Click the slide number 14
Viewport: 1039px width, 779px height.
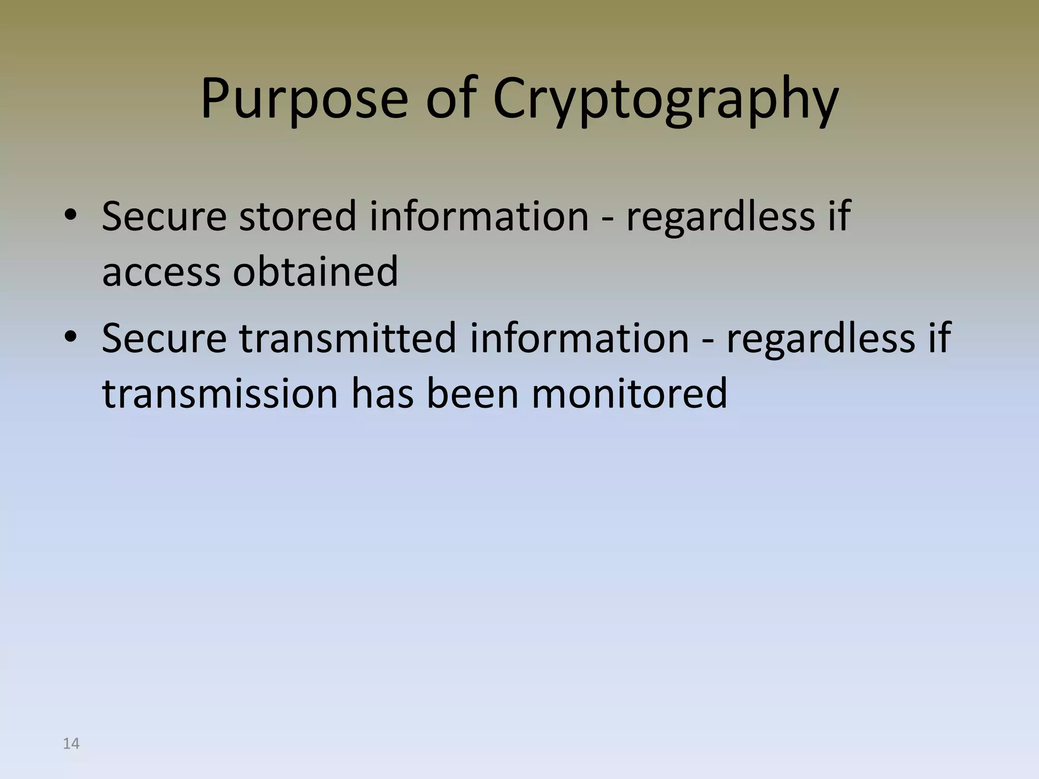tap(71, 743)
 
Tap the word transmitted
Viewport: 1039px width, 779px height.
tap(348, 338)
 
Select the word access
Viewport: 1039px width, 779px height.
tap(161, 272)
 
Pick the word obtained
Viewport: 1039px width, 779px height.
tap(316, 271)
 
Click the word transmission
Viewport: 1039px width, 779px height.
tap(220, 393)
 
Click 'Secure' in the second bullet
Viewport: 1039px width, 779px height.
tap(164, 338)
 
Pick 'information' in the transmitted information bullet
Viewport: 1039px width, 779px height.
tap(579, 338)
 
